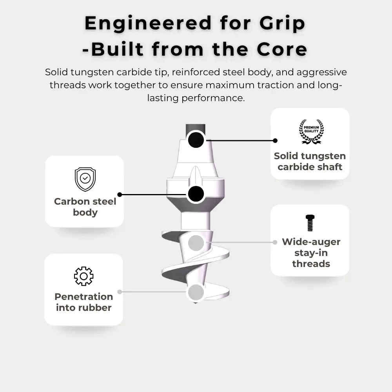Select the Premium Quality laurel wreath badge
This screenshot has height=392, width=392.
click(311, 132)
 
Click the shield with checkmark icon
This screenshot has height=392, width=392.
click(85, 179)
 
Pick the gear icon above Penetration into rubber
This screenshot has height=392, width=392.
click(83, 276)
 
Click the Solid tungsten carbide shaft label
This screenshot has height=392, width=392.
click(310, 162)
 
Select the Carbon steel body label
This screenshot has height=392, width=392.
click(85, 207)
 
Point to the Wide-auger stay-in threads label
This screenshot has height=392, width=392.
click(311, 253)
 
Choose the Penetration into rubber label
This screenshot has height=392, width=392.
click(83, 302)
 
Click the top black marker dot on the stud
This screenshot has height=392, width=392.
click(196, 140)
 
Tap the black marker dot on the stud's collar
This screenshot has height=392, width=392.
click(196, 194)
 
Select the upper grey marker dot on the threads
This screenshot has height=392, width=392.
click(196, 243)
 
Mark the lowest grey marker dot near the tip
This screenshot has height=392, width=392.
click(196, 292)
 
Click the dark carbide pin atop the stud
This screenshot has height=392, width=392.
click(196, 129)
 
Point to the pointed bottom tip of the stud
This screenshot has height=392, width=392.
click(196, 304)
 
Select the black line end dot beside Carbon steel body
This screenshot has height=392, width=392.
click(120, 194)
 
